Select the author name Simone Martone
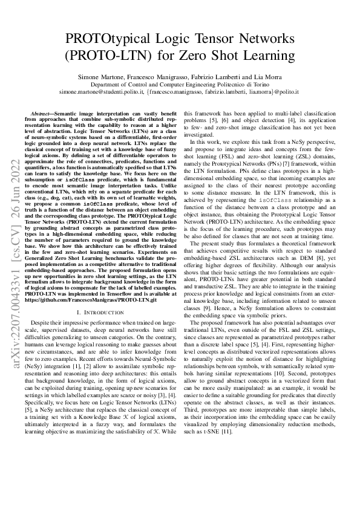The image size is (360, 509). pos(100,79)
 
